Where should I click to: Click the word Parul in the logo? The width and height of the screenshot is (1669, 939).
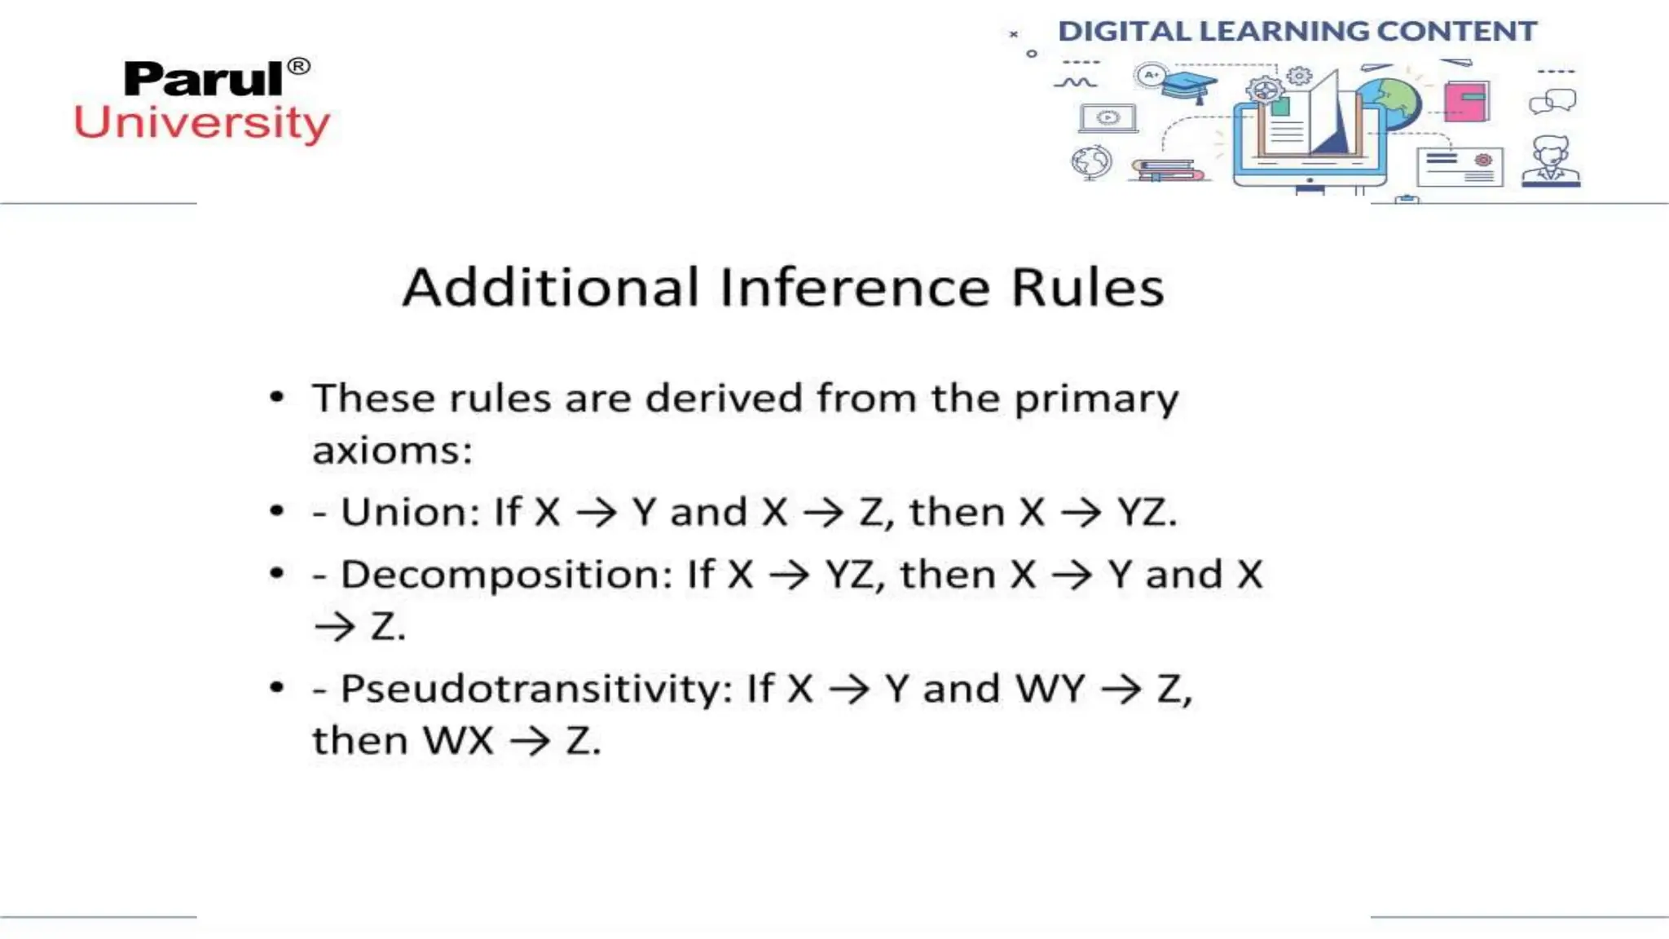203,80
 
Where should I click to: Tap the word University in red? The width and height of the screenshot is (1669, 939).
202,124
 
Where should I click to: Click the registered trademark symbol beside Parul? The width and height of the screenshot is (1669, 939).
299,66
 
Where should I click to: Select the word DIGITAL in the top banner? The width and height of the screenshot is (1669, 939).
1124,32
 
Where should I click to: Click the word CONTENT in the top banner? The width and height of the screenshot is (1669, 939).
1456,32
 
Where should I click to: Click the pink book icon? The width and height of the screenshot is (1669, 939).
1466,101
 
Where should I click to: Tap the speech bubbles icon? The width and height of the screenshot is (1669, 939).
1552,102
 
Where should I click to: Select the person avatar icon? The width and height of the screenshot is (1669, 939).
1551,161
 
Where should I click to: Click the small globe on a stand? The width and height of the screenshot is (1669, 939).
1091,162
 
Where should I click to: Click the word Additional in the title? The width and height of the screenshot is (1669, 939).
551,288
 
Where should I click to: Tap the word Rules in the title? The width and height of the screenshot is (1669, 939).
1087,288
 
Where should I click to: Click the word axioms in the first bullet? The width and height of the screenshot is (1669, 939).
392,451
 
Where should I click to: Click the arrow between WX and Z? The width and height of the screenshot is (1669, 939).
531,742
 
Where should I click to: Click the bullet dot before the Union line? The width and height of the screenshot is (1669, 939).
277,512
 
